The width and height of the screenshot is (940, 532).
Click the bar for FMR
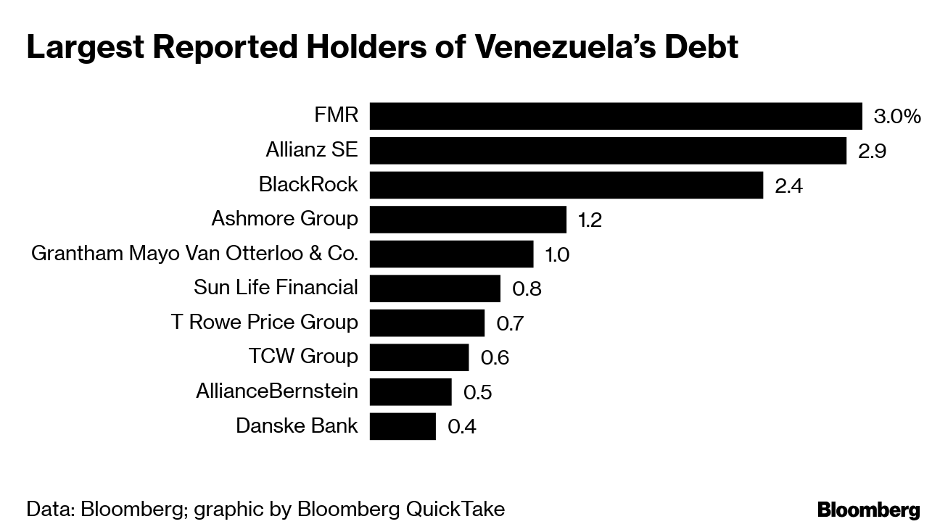(615, 116)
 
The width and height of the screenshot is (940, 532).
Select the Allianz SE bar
(608, 151)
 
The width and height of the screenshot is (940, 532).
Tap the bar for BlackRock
(566, 185)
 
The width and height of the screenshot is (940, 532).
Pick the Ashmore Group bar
(468, 219)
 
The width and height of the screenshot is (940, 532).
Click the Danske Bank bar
(403, 426)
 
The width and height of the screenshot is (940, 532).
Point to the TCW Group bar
(419, 357)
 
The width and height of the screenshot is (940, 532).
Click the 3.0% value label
(897, 117)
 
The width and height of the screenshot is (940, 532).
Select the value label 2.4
(789, 186)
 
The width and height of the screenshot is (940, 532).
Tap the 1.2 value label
(590, 220)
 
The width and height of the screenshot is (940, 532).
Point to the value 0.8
(527, 288)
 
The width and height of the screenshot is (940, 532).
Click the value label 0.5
(477, 392)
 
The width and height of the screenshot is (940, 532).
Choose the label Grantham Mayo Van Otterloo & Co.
(194, 254)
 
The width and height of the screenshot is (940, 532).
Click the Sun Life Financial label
(276, 288)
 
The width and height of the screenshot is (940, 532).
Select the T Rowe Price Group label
(264, 322)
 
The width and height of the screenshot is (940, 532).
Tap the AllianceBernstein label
(276, 391)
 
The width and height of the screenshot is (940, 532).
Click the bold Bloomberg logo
(868, 510)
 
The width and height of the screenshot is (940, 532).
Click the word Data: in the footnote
(50, 509)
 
